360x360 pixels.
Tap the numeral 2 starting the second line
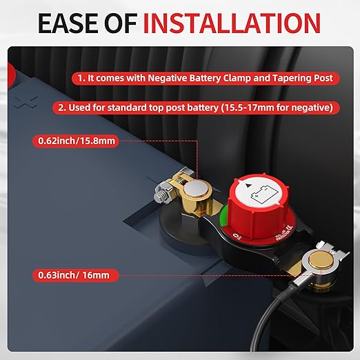pyautogui.click(x=60, y=108)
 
